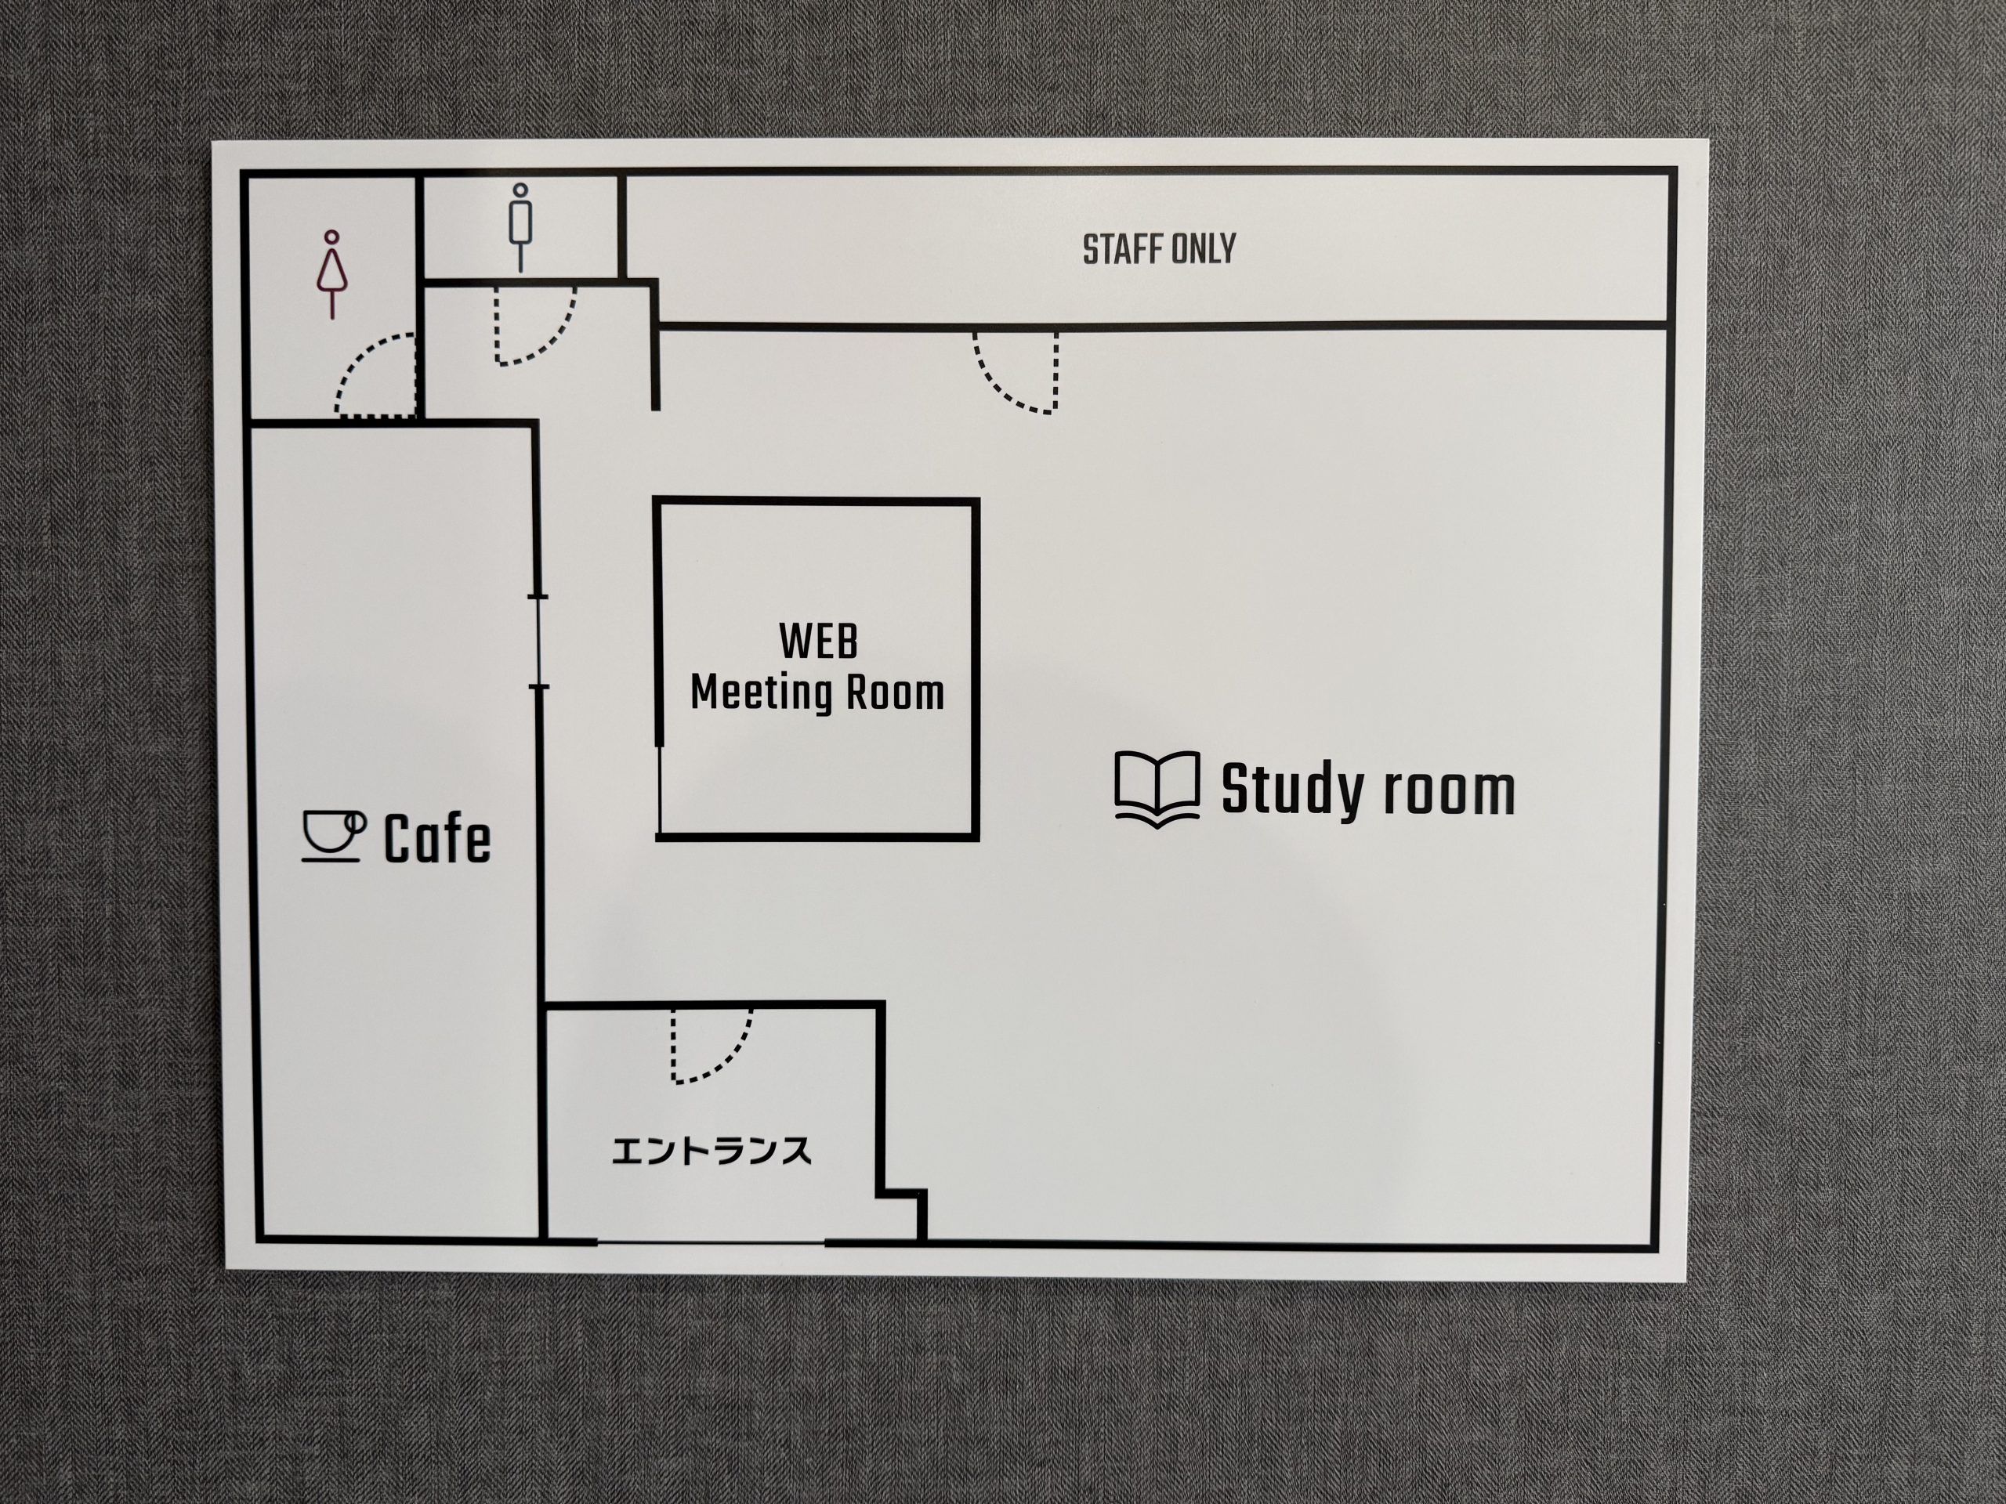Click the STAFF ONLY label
[x=1159, y=249]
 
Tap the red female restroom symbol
[x=332, y=275]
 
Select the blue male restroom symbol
[x=520, y=227]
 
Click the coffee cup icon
[x=333, y=835]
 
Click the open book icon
[x=1157, y=790]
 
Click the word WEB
[x=818, y=642]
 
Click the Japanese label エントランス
[x=711, y=1151]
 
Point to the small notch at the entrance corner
[x=903, y=1195]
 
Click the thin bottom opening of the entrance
[x=711, y=1241]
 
